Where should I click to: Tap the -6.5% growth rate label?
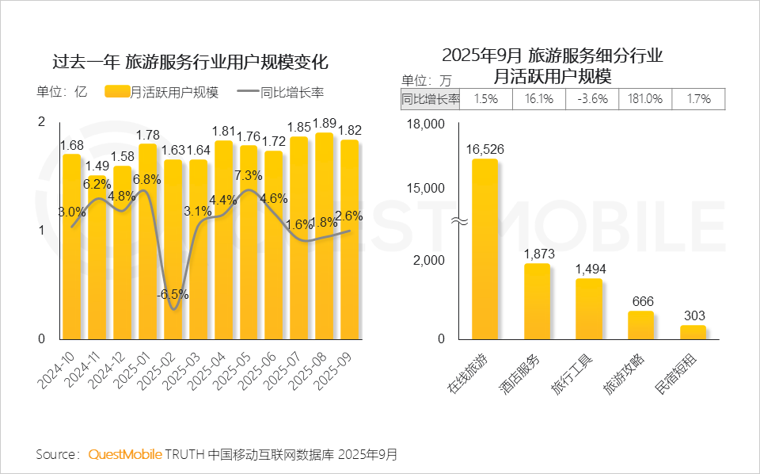[173, 294]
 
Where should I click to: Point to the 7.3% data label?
[249, 175]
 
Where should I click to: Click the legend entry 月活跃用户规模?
[162, 91]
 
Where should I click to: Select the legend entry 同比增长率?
[280, 91]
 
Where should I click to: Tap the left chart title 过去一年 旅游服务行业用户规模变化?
[190, 62]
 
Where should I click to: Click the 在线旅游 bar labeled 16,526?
[484, 250]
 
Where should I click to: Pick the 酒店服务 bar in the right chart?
[537, 301]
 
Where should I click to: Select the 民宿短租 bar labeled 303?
[693, 332]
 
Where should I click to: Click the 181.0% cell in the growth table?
[644, 99]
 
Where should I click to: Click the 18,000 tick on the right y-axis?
[425, 124]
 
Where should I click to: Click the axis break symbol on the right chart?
[458, 221]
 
